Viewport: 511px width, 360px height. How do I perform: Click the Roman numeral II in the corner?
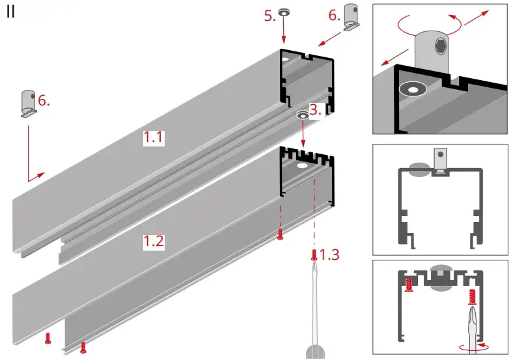click(11, 12)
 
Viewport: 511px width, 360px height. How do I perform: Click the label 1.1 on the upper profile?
click(155, 137)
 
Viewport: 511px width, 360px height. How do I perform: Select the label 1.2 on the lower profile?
click(154, 242)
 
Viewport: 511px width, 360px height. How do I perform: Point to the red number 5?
click(270, 16)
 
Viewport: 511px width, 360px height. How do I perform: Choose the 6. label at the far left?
click(44, 100)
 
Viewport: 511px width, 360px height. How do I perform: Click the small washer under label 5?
click(284, 13)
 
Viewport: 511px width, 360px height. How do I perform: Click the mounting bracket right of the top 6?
click(352, 18)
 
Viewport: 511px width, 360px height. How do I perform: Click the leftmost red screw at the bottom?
click(48, 337)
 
